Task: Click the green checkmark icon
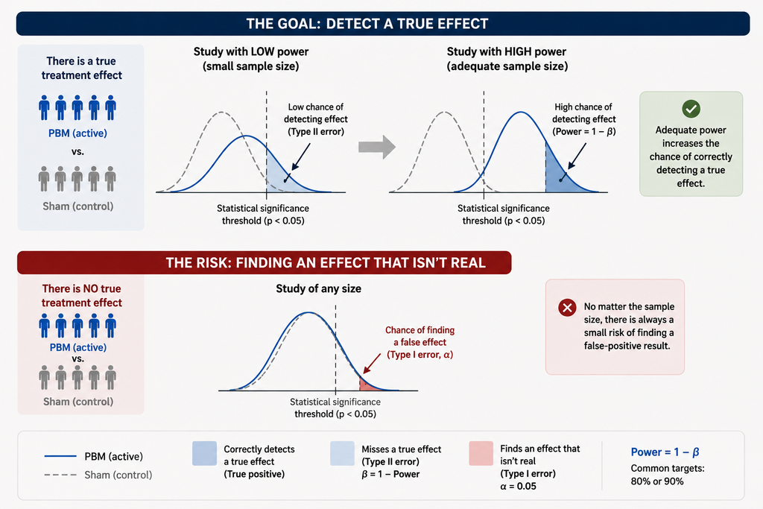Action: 691,109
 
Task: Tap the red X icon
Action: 567,308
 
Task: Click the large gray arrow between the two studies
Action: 376,147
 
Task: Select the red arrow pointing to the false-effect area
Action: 373,363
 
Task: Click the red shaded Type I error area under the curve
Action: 370,384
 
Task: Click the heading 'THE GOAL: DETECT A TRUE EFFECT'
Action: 367,24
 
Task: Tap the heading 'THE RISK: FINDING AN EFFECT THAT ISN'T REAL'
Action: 326,263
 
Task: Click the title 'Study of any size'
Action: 318,288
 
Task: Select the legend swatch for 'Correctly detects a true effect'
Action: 204,454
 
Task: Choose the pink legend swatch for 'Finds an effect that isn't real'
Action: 481,454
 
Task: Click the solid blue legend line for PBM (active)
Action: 60,456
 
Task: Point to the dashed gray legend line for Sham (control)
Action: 60,475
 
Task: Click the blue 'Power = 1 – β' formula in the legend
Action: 665,452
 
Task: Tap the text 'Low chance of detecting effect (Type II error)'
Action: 316,119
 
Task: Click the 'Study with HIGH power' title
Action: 507,51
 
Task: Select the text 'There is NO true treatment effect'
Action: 82,296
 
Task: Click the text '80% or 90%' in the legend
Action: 657,481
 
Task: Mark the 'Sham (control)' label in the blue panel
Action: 77,206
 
